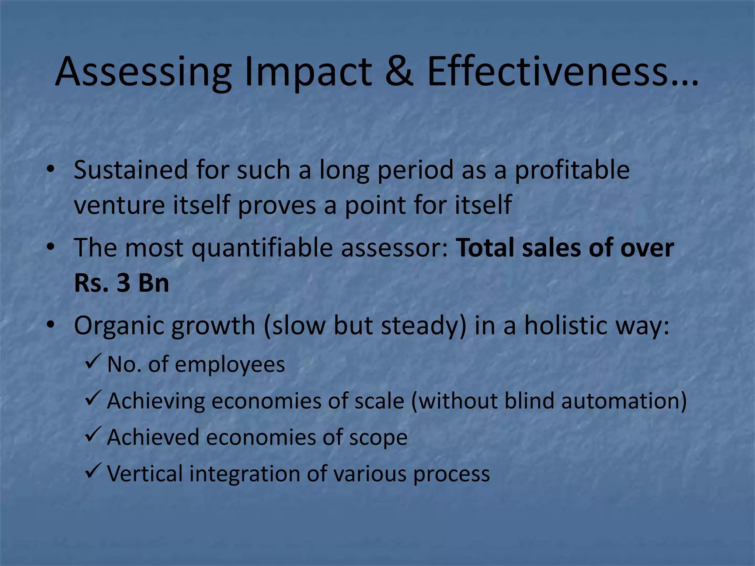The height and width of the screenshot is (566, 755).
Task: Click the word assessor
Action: (394, 248)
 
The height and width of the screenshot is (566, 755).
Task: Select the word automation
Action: (623, 401)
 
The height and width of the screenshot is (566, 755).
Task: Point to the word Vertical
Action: (145, 474)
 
